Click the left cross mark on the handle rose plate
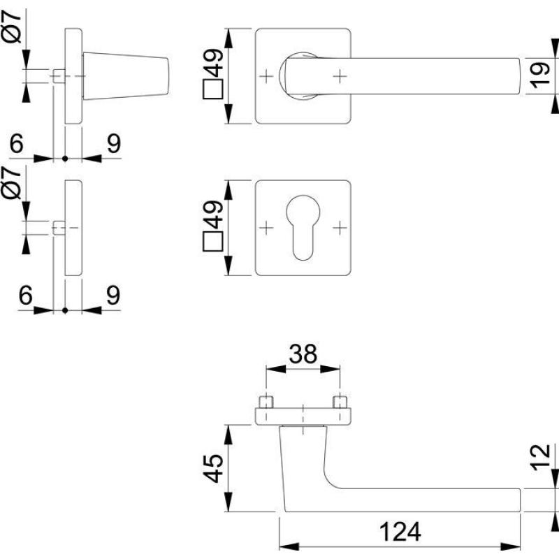[266, 75]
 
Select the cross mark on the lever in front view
[339, 75]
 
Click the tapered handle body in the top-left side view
[126, 75]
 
